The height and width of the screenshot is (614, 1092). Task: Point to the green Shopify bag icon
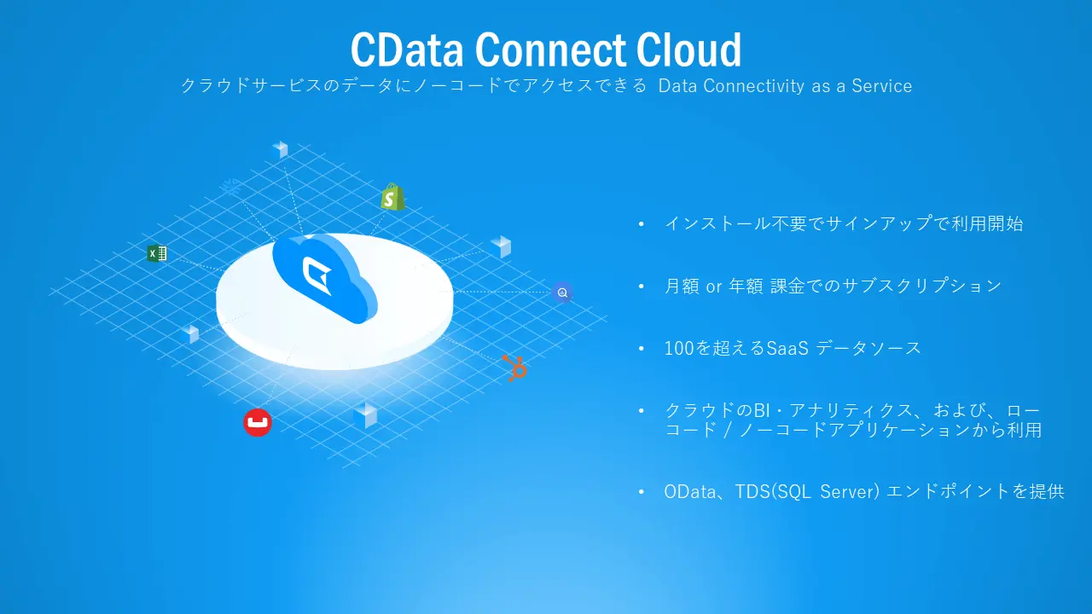(x=392, y=197)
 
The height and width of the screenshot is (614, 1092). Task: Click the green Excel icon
(x=156, y=253)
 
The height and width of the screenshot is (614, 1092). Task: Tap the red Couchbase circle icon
(x=257, y=422)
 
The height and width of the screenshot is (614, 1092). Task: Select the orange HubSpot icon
(x=514, y=368)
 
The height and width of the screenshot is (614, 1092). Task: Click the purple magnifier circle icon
(x=562, y=293)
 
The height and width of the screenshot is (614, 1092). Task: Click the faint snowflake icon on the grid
(x=232, y=186)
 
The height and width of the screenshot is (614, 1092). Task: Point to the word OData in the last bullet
(x=689, y=492)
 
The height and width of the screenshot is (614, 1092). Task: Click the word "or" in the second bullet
(x=714, y=287)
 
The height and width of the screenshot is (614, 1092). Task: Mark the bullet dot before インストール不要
(x=642, y=224)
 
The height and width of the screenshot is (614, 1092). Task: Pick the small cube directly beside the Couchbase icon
(x=365, y=415)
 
